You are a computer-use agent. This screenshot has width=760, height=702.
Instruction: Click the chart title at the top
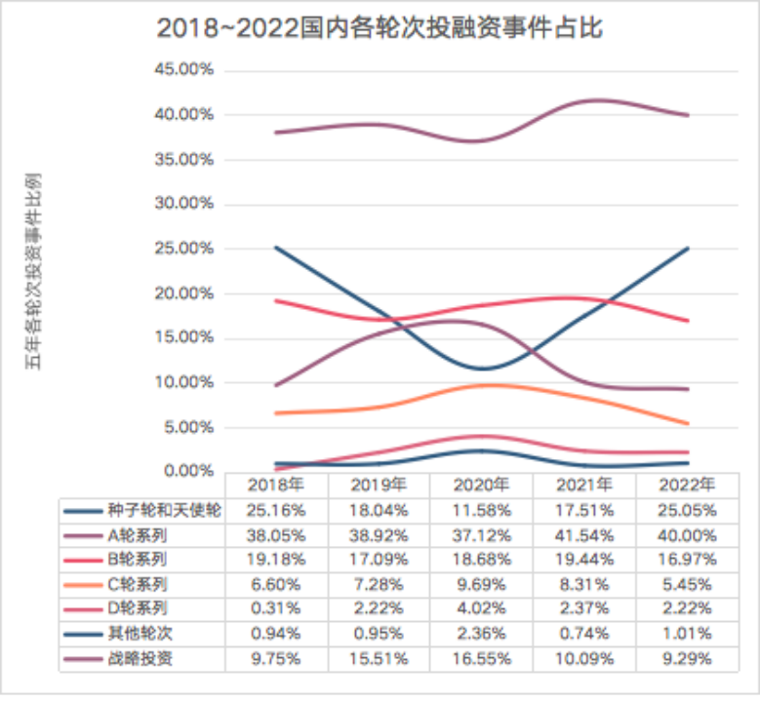[380, 28]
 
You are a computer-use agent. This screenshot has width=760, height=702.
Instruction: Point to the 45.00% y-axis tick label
[197, 70]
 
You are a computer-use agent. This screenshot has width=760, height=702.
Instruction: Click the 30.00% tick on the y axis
[197, 204]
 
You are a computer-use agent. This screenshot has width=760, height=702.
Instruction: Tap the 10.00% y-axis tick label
[197, 382]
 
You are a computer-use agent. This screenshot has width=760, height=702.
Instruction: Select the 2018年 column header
[276, 485]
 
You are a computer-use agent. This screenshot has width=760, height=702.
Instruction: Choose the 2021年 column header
[583, 485]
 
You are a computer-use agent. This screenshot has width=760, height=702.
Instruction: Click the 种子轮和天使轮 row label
[165, 510]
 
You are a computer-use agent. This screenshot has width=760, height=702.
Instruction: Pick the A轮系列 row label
[139, 534]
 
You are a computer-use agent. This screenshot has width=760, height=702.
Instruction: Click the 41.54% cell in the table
[583, 534]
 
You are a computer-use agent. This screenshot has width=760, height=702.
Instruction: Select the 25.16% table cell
[276, 510]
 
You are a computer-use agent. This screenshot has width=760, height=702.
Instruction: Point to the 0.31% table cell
[276, 608]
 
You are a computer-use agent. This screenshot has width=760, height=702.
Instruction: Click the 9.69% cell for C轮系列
[481, 584]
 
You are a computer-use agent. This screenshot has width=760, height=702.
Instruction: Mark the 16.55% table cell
[481, 658]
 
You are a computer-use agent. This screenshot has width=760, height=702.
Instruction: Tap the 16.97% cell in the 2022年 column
[686, 559]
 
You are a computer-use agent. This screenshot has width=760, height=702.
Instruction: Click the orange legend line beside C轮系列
[83, 584]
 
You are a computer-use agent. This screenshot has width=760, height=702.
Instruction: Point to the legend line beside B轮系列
[83, 560]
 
